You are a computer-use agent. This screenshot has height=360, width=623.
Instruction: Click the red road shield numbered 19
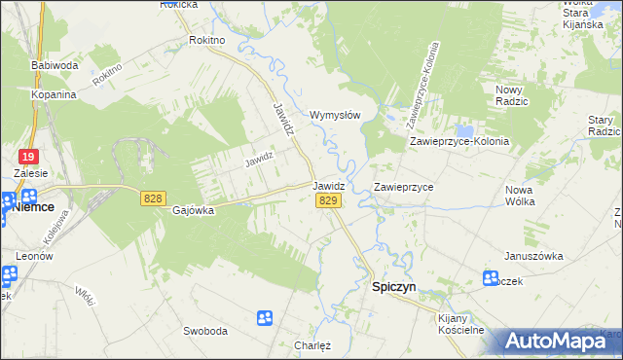coord(28,156)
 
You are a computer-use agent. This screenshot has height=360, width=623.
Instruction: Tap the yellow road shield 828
coord(152,198)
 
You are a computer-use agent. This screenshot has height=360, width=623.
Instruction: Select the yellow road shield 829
coord(328,199)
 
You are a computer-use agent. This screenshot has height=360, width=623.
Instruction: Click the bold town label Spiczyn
coord(396,288)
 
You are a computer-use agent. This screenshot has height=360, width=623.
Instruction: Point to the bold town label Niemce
coord(32,206)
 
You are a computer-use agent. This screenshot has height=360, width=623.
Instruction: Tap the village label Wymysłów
coord(335,115)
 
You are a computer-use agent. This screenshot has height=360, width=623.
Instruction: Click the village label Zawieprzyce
coord(403,186)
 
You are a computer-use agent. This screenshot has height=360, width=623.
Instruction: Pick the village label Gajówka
coord(193,210)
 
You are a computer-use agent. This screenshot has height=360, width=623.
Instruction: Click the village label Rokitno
coord(206,40)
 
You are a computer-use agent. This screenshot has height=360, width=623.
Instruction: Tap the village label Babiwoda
coord(55,65)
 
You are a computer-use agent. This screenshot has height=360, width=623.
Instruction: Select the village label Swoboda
coord(205,330)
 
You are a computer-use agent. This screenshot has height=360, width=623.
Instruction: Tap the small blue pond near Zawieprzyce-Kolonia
coord(465,130)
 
